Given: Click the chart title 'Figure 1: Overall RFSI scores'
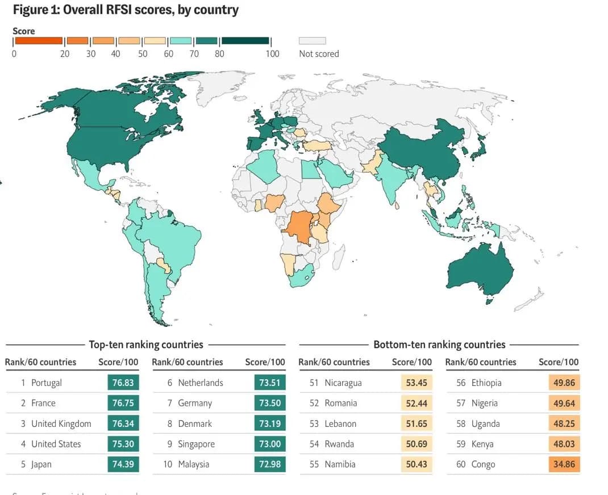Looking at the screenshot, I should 126,10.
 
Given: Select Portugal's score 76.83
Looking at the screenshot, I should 123,383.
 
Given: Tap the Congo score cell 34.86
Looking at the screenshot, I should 564,464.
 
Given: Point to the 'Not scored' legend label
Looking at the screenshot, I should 319,54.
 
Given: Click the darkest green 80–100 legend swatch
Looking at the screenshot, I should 245,41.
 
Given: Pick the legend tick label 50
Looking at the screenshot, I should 143,54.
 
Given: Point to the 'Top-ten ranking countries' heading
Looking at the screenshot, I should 146,345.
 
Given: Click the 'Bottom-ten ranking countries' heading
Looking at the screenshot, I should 439,345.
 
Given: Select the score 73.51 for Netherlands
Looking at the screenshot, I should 269,383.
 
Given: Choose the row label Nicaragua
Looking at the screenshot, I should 343,383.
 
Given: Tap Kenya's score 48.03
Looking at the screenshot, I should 564,444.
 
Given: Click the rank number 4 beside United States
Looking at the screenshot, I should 23,444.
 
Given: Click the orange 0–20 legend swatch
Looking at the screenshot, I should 38,41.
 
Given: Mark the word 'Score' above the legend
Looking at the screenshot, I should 24,31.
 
